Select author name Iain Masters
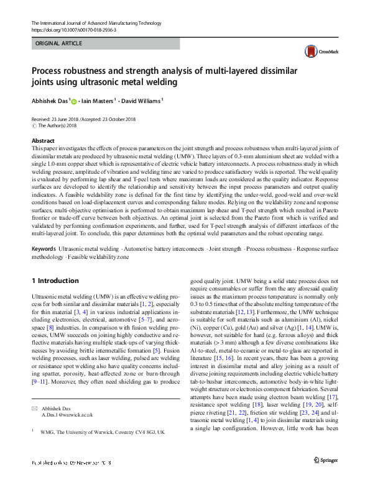click(98, 101)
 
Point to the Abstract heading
click(43, 142)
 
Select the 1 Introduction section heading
click(55, 281)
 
